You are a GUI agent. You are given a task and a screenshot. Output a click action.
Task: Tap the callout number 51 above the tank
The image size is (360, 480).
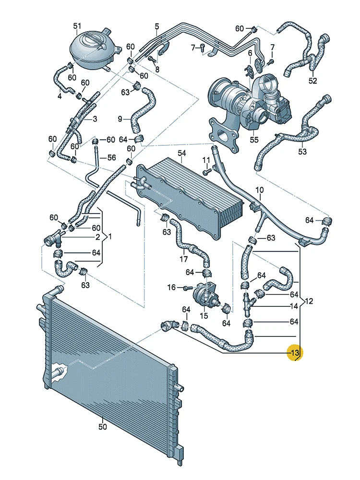(x=77, y=26)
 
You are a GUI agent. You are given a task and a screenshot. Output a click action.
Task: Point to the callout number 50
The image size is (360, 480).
(x=102, y=425)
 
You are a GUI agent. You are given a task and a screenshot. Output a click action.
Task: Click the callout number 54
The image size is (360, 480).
(x=181, y=153)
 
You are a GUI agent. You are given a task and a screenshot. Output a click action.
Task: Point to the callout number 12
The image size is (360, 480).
(x=309, y=301)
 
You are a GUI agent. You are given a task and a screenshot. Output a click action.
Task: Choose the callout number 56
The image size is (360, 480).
(x=111, y=157)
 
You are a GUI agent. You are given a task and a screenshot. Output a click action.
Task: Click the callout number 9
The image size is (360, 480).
(x=120, y=118)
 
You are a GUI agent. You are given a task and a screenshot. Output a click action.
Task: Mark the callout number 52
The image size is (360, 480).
(x=312, y=81)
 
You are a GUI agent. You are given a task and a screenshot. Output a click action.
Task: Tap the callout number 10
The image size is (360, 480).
(x=259, y=190)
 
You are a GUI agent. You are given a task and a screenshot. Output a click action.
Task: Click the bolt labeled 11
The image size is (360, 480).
(x=207, y=171)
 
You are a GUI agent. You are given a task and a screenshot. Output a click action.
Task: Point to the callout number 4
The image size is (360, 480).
(x=60, y=96)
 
